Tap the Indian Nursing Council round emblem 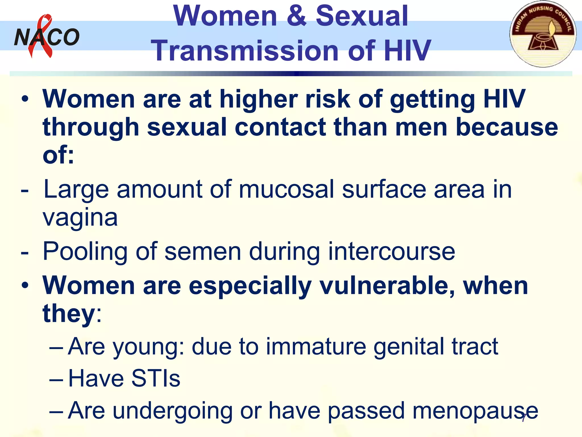543,34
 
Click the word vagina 80,218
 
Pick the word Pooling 85,252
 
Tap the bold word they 68,313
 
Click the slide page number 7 523,418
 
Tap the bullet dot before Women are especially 25,285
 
